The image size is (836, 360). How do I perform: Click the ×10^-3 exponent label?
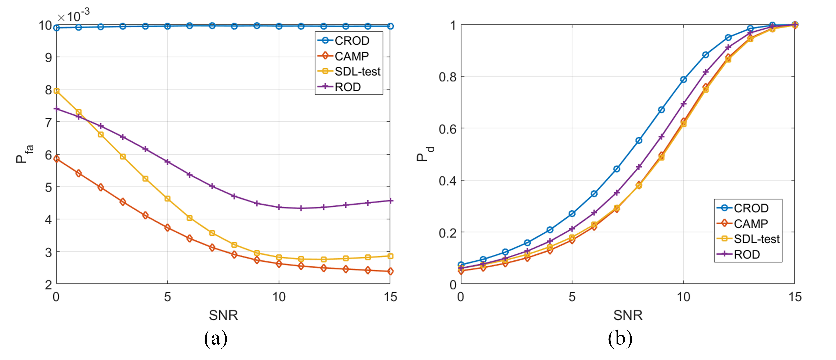coord(73,15)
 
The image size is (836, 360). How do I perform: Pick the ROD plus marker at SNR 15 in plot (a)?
coord(390,201)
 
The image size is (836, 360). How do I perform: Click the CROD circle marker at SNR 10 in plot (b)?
coord(683,80)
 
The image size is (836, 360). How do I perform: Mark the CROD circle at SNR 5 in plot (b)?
coord(572,214)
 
